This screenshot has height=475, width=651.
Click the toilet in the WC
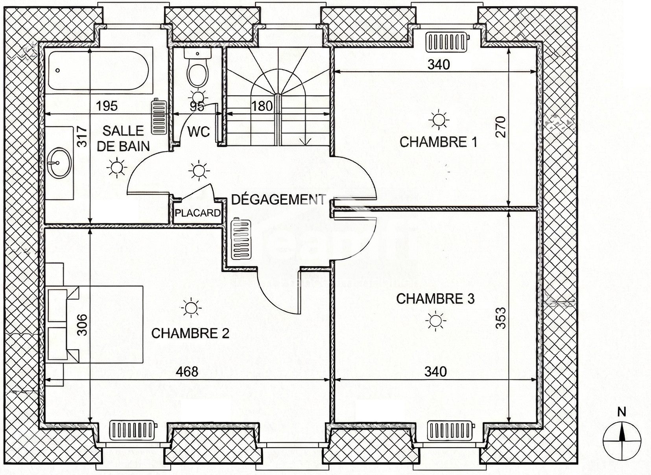coord(197,67)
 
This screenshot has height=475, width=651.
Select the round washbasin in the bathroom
coord(59,163)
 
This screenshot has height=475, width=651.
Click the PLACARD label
coord(198,213)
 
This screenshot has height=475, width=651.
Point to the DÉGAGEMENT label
coord(278,200)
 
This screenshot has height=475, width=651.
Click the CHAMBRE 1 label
coord(438,142)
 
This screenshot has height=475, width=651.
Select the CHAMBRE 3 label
coord(435,299)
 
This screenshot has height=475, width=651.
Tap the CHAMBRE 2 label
coord(190,333)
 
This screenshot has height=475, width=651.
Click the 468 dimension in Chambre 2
coord(187,371)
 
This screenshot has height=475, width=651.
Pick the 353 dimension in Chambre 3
coord(501,318)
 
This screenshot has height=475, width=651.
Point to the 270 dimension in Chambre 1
coord(501,127)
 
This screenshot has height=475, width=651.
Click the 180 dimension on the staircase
coord(262,106)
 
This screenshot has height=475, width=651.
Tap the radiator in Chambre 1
coord(448,42)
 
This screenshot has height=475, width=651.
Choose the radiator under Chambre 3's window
coord(451,431)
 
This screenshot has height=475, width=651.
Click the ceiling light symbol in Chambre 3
coord(436,321)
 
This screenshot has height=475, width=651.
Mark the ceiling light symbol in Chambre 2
coord(191,307)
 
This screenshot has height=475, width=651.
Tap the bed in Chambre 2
coord(94,324)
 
